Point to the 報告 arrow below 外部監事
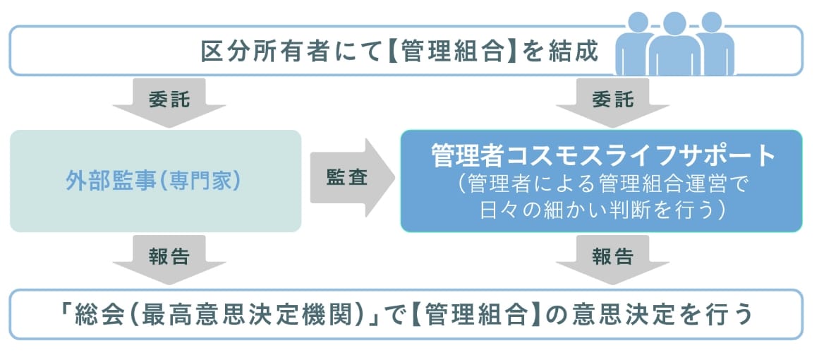point(169,258)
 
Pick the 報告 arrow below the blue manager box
point(612,258)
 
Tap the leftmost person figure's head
point(637,23)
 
